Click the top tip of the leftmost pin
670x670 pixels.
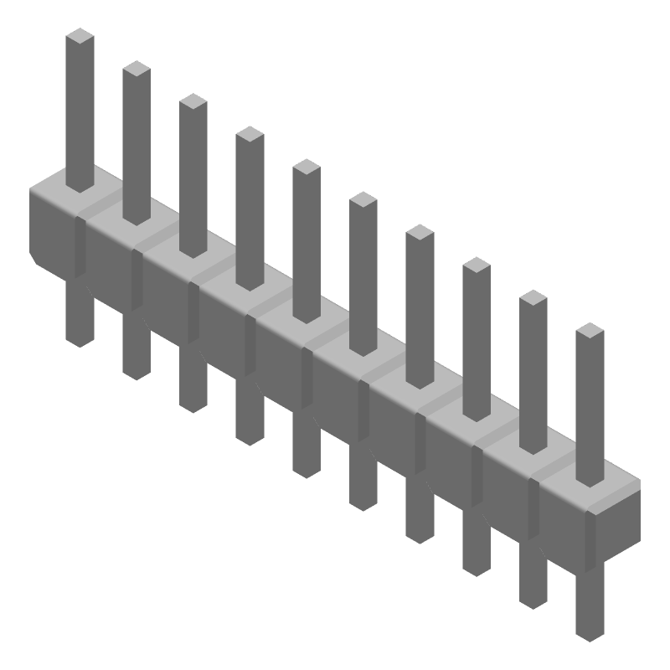point(80,36)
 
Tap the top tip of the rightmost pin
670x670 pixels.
point(590,331)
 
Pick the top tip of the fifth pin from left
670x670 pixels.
point(307,167)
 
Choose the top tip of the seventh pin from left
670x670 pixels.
point(420,233)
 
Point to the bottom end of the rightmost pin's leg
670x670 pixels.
point(590,635)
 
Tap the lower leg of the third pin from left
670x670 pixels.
point(193,381)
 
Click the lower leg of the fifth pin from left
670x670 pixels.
point(307,447)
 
